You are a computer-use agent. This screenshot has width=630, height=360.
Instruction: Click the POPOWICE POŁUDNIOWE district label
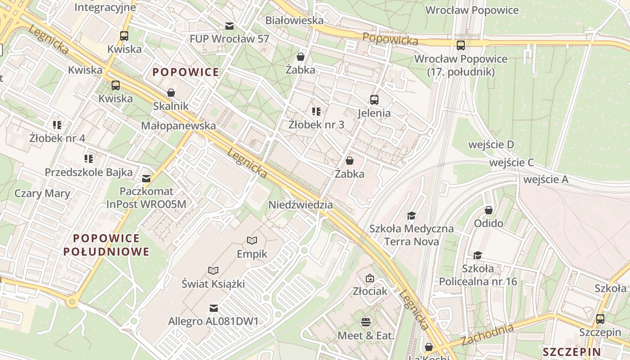[x=106, y=245]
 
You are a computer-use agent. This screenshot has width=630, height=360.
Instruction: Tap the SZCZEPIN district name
[x=571, y=352]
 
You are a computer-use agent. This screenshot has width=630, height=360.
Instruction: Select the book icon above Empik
[x=252, y=241]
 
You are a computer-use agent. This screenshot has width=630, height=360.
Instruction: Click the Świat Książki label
[x=213, y=284]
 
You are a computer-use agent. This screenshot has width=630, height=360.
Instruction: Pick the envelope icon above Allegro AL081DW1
[x=214, y=308]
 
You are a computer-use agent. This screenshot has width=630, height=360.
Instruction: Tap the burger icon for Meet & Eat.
[x=366, y=322]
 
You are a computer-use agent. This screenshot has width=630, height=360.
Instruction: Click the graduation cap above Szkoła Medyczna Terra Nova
[x=411, y=216]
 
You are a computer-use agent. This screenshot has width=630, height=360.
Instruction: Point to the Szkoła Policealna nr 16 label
[x=478, y=275]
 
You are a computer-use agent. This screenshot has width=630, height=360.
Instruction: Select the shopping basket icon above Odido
[x=489, y=210]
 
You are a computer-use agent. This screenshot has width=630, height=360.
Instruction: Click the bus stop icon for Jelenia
[x=374, y=100]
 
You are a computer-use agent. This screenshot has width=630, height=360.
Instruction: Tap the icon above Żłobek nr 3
[x=316, y=111]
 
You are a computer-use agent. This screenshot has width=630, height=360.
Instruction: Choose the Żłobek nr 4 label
[x=57, y=138]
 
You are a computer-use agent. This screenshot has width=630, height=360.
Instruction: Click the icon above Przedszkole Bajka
[x=89, y=158]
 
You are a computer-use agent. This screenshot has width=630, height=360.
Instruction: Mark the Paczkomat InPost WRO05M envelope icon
[x=146, y=179]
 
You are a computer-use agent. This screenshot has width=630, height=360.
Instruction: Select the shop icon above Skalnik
[x=171, y=93]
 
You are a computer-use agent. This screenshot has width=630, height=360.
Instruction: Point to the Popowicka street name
[x=390, y=39]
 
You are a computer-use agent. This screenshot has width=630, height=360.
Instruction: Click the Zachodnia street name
[x=487, y=335]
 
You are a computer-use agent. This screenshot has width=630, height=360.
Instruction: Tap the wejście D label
[x=491, y=144]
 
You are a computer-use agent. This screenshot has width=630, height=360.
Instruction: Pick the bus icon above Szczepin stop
[x=600, y=319]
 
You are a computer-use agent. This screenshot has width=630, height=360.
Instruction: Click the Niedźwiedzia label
[x=301, y=205]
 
